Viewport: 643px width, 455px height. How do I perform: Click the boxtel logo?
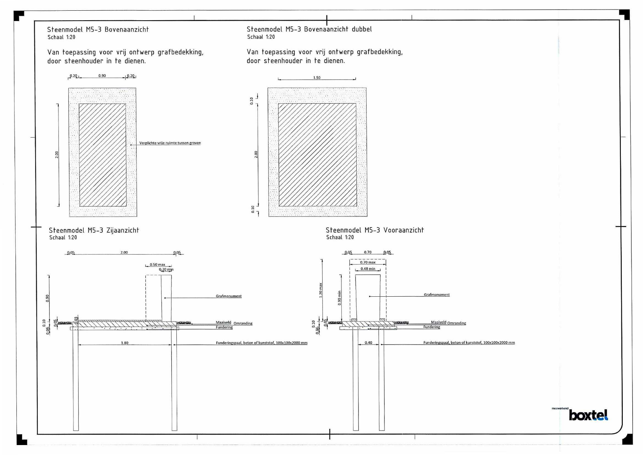[588, 415]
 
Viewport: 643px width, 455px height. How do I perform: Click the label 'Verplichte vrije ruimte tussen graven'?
[170, 143]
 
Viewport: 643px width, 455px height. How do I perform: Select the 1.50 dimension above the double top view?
[317, 78]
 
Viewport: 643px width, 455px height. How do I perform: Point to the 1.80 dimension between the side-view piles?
[124, 343]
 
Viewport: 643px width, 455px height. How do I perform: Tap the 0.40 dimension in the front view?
[368, 343]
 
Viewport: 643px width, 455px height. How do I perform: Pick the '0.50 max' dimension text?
[157, 265]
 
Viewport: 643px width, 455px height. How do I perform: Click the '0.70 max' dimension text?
[368, 262]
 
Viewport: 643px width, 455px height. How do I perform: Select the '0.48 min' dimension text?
[368, 269]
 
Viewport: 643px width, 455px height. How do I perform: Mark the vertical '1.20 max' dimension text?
[321, 290]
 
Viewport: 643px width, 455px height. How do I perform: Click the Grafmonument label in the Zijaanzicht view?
[229, 296]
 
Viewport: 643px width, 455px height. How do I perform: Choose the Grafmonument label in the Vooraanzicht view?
[437, 295]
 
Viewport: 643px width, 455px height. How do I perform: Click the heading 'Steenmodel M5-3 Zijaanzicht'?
[94, 230]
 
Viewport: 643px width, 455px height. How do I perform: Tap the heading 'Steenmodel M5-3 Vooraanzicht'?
[375, 230]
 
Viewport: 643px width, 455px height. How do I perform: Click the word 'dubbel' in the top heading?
[362, 29]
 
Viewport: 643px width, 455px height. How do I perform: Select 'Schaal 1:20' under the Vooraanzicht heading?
[340, 237]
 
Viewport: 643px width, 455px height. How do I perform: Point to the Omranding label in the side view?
[243, 323]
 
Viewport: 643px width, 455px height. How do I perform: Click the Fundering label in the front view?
[432, 327]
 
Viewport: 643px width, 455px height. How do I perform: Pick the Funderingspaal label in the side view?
[262, 343]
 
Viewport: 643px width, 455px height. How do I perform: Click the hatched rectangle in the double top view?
[317, 155]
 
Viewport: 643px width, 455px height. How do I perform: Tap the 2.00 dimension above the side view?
[124, 252]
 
